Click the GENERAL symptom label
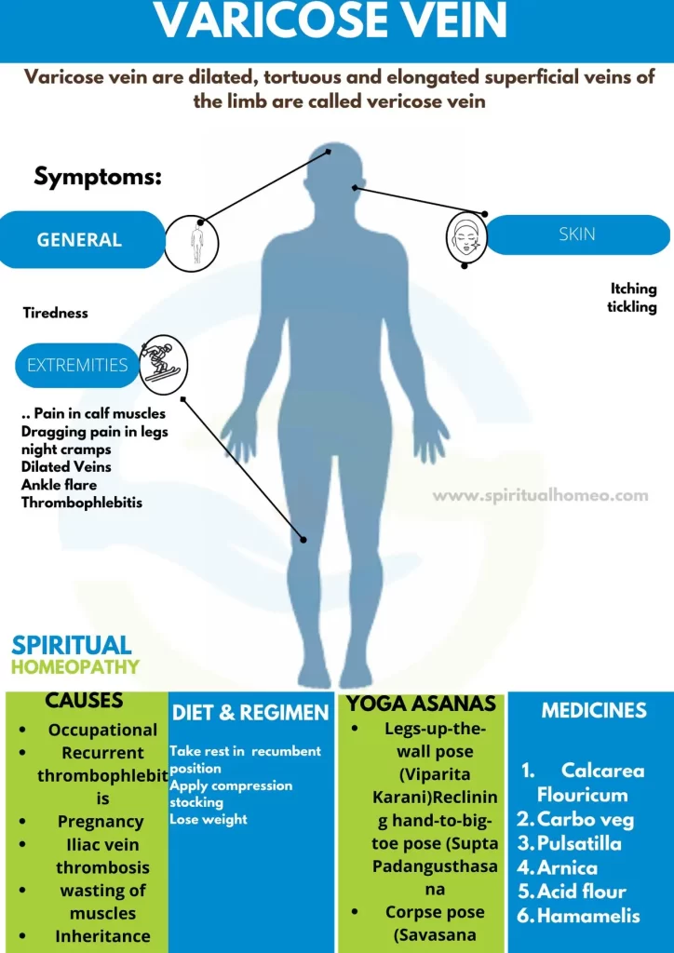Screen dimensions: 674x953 [79, 239]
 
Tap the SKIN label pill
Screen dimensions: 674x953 [577, 235]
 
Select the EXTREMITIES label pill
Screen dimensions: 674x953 [77, 365]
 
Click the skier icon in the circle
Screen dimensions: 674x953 [164, 366]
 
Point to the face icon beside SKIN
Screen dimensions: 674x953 [465, 238]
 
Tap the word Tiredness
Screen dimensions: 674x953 [55, 313]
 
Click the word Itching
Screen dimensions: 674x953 [634, 289]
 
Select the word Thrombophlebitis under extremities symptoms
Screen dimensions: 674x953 [81, 503]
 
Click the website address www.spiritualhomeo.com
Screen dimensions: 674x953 [540, 495]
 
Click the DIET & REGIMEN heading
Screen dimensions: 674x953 [250, 713]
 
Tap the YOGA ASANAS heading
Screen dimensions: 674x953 [421, 704]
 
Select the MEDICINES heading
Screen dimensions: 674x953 [594, 710]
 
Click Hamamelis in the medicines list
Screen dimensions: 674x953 [588, 916]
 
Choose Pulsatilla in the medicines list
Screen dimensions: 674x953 [579, 843]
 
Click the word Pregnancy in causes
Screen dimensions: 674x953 [101, 822]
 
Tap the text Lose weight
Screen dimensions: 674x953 [209, 819]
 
